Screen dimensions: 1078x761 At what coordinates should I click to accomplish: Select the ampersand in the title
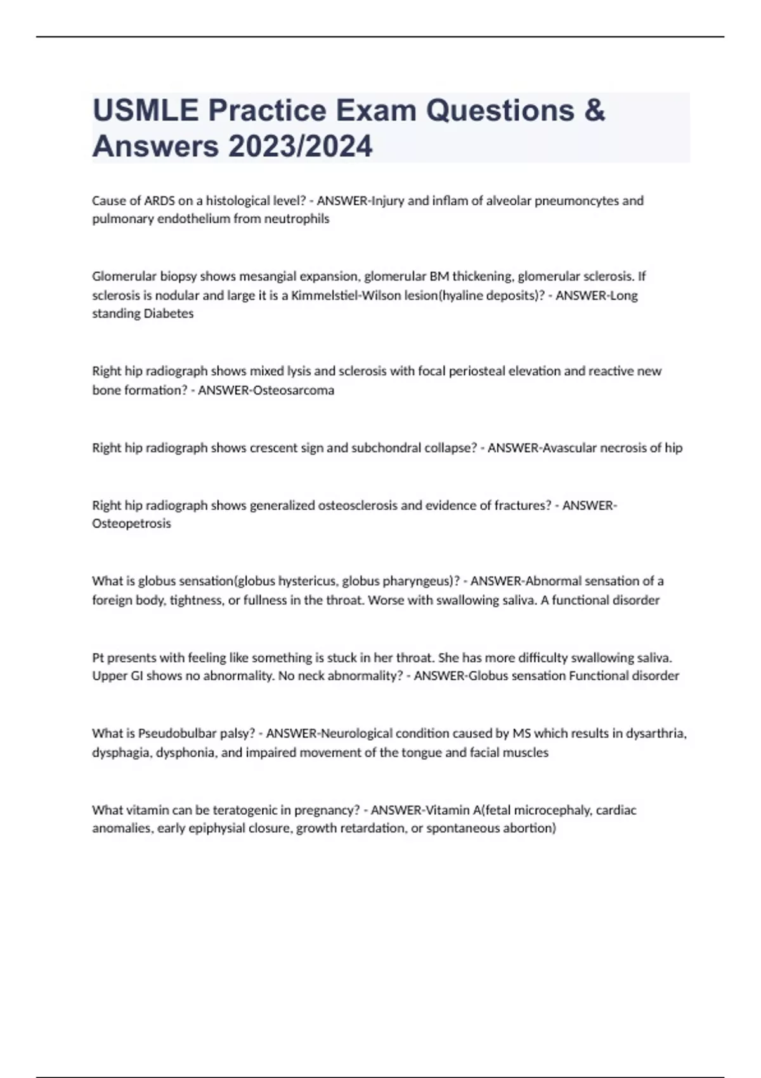pos(594,110)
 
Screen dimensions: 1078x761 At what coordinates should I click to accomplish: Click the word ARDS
pos(160,201)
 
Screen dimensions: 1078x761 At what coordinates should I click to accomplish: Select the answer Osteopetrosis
pos(131,524)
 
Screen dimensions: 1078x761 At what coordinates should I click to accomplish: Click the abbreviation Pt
pos(98,658)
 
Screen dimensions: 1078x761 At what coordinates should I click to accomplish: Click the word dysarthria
pos(656,734)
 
